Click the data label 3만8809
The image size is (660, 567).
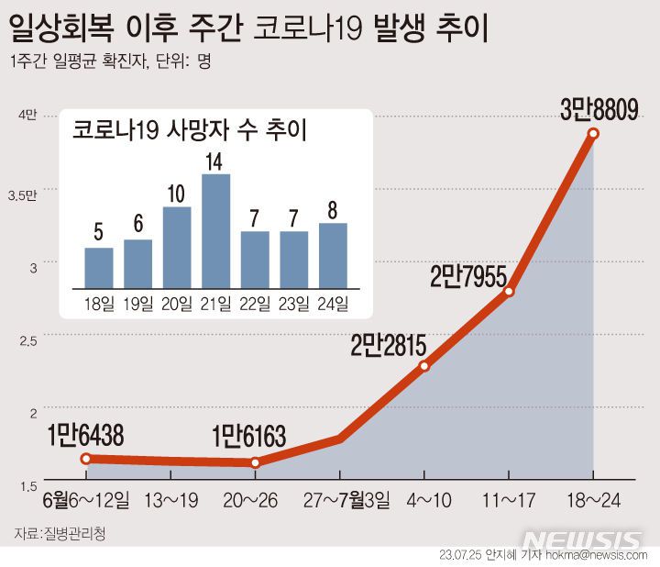click(599, 112)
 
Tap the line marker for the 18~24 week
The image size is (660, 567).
click(593, 134)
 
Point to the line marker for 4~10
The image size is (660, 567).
click(424, 366)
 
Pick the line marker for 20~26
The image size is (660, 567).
click(255, 462)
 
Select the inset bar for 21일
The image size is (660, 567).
click(215, 230)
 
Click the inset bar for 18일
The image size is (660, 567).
click(98, 267)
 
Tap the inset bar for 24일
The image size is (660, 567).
click(333, 254)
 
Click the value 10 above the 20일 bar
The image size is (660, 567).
click(176, 195)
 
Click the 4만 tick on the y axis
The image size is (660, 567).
click(27, 116)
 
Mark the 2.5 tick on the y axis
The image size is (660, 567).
click(27, 340)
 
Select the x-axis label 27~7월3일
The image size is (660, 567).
click(345, 501)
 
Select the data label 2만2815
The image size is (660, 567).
click(389, 346)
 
